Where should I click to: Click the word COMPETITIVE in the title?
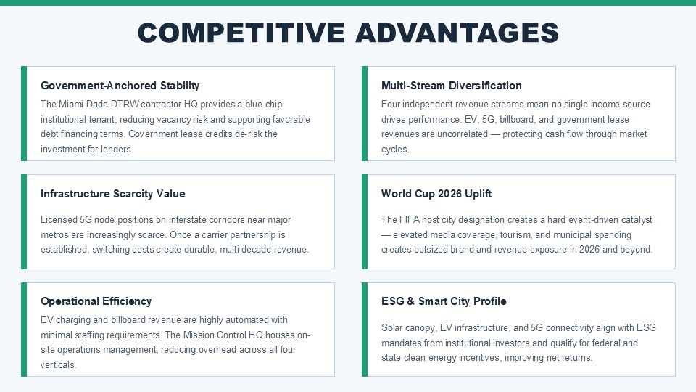pos(241,33)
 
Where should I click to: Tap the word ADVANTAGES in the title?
pos(457,33)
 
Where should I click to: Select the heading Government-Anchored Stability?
pos(120,86)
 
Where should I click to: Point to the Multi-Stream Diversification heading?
pos(452,86)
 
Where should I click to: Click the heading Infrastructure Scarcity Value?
pos(113,194)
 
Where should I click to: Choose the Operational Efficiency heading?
pos(96,301)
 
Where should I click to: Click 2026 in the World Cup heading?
pos(449,194)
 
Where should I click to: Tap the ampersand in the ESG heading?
pos(410,301)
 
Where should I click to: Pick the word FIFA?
pos(409,219)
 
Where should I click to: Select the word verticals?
pos(58,364)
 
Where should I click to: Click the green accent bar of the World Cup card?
pos(365,222)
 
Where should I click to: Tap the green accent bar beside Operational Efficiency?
pos(24,330)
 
